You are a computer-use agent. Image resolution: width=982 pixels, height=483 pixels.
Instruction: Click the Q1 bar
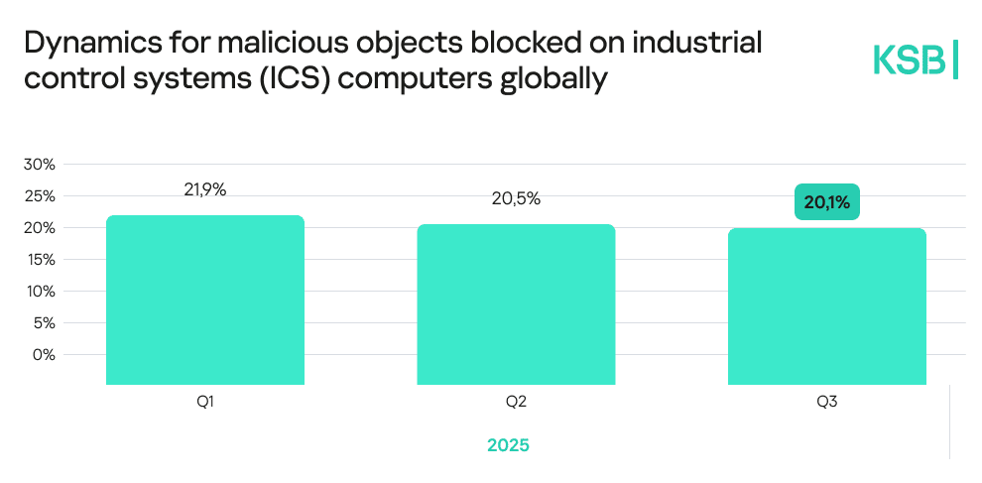click(x=204, y=300)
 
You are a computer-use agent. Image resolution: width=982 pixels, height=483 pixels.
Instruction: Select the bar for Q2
click(x=516, y=303)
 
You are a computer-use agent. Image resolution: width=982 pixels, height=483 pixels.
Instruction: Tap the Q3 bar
click(x=826, y=305)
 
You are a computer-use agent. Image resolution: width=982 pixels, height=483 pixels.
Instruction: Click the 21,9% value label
click(x=204, y=189)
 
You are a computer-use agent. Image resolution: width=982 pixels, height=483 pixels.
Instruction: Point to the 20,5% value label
click(x=516, y=198)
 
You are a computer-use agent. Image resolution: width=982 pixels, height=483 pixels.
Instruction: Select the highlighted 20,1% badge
click(x=827, y=202)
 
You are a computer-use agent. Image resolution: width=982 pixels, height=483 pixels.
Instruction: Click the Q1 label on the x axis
click(x=205, y=402)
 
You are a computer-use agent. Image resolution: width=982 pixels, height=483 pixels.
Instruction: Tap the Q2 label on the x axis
click(x=516, y=402)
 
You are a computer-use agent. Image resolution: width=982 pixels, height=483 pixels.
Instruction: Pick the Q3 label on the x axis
click(x=827, y=402)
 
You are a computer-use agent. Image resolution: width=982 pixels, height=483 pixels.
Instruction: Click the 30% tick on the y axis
click(x=40, y=164)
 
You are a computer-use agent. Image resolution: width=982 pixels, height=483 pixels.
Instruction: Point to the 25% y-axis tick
click(x=40, y=195)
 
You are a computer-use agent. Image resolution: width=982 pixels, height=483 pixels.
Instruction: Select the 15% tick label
click(x=40, y=259)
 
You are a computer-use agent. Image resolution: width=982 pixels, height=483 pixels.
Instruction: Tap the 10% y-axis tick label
click(x=40, y=291)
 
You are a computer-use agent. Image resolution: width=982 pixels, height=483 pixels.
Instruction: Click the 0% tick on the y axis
click(x=44, y=354)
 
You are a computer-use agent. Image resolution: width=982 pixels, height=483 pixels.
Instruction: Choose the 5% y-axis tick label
click(x=44, y=322)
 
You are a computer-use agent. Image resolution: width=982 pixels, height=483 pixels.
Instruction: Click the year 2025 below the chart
click(x=508, y=445)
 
